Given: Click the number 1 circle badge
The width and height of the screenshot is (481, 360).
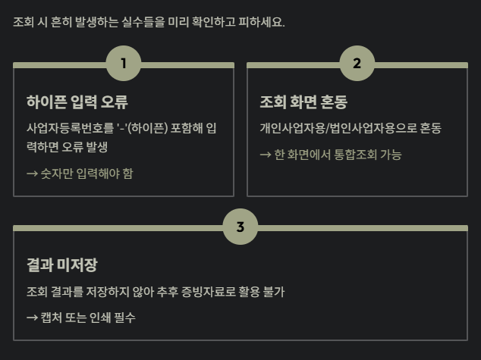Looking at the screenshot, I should click(124, 64).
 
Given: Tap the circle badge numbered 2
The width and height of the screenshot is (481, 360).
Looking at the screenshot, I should click(357, 64).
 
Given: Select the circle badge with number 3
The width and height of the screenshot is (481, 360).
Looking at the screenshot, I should click(240, 227).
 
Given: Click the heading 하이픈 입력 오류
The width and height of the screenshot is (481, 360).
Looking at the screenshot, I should click(77, 102).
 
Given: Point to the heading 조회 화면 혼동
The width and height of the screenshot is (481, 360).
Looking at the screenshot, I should click(303, 102).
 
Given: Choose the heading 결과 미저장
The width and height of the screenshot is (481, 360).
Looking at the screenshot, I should click(61, 265).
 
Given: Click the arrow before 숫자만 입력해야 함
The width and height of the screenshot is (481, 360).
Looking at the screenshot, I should click(32, 174).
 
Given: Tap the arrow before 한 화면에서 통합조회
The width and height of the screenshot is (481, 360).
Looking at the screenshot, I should click(266, 155).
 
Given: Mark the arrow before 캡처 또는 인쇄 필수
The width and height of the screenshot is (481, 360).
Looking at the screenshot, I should click(32, 318).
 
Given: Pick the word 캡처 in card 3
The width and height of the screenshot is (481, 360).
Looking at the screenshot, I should click(52, 318).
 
